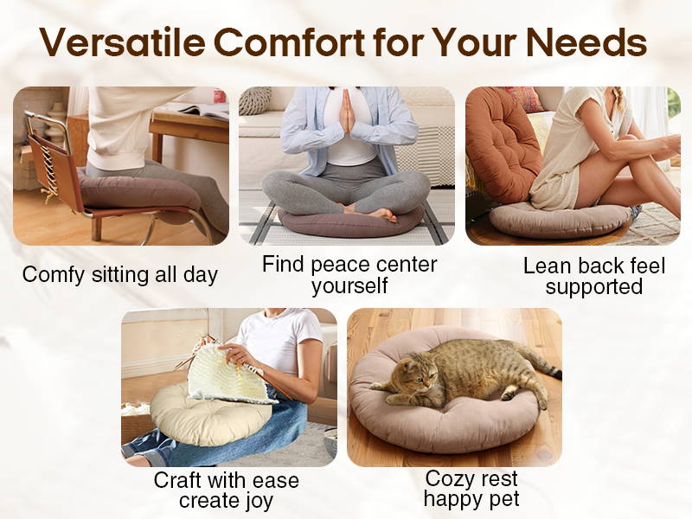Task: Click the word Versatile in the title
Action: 122,42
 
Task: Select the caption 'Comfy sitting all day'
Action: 120,274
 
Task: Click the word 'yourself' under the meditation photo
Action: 349,285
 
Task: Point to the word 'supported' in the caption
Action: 594,287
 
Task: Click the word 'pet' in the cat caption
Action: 503,499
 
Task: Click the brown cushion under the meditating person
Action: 351,222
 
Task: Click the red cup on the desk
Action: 220,96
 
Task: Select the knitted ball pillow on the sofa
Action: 255,99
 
